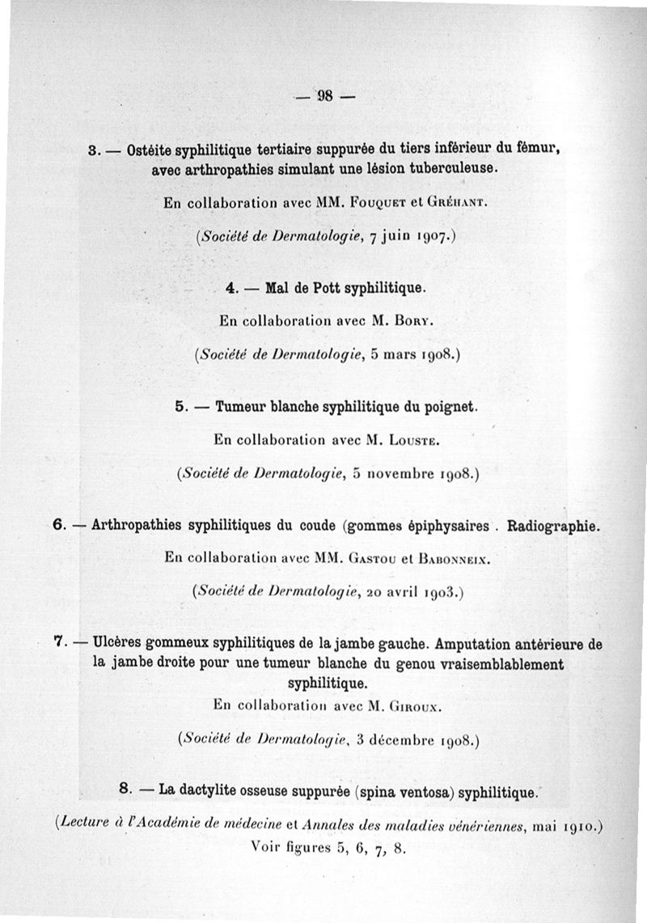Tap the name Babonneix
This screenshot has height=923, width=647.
pyautogui.click(x=442, y=558)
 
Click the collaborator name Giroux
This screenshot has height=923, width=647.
pyautogui.click(x=420, y=705)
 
